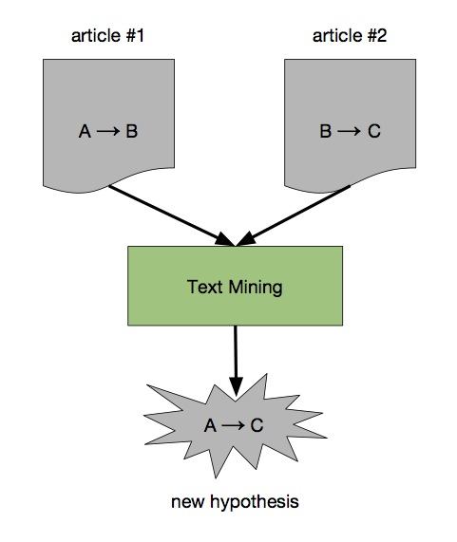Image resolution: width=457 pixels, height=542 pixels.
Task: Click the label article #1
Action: (107, 36)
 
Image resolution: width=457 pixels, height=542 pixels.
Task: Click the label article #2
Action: (350, 36)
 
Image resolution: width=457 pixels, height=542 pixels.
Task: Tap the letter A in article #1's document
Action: (85, 131)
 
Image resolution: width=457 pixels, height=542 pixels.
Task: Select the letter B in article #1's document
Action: (131, 131)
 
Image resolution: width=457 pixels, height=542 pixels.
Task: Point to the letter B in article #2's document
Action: (326, 131)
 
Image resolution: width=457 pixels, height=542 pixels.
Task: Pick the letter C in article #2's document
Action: (374, 131)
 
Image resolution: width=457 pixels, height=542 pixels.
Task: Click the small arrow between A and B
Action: (108, 131)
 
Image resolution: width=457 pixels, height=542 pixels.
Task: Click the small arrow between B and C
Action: (350, 131)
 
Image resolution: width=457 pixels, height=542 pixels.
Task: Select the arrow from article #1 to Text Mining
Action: (172, 216)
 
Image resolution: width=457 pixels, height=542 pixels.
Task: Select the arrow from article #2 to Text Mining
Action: (293, 216)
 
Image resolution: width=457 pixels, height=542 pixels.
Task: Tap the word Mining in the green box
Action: (256, 287)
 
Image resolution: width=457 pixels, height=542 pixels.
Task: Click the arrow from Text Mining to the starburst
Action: (236, 361)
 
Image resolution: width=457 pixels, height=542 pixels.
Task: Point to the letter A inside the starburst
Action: (210, 425)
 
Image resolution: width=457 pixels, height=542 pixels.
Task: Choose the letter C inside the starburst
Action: (257, 425)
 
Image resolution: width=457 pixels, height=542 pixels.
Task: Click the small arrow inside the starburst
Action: (233, 425)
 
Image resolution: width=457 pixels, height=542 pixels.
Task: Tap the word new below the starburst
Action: (187, 502)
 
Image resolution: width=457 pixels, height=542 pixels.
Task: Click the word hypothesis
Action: (255, 502)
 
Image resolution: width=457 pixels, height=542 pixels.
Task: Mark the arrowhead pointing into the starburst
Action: (236, 386)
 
